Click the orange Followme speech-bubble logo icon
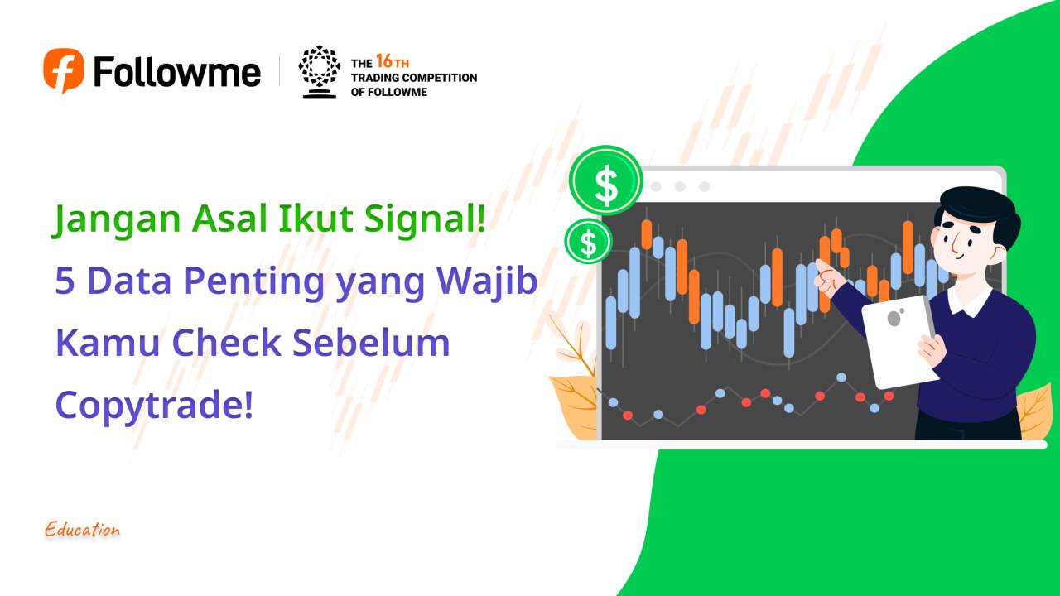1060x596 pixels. click(64, 70)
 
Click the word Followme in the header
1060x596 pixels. click(176, 71)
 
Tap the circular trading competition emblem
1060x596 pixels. click(319, 71)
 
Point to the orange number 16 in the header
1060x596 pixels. click(384, 61)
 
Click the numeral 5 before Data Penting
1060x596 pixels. click(65, 281)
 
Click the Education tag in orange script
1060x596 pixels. click(83, 530)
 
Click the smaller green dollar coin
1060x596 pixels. click(588, 242)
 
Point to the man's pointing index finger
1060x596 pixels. click(821, 264)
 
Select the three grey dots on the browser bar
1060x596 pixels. click(680, 186)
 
